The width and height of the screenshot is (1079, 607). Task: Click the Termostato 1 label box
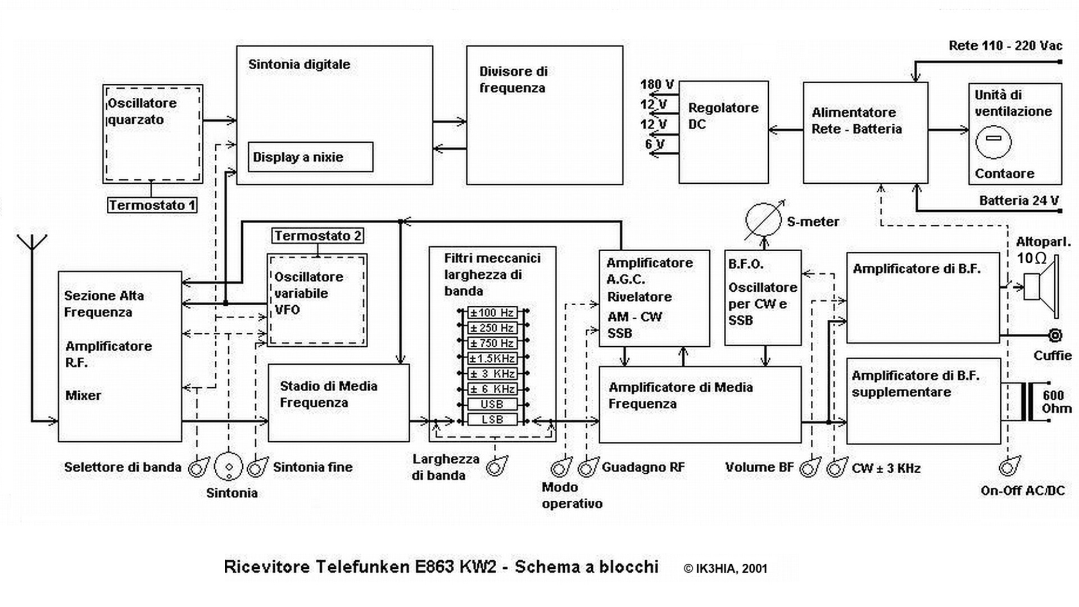tap(152, 205)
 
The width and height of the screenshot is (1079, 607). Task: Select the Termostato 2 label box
tap(318, 235)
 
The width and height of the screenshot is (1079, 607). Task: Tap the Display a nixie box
tap(310, 157)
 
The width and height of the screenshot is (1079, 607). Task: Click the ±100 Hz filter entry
tap(492, 312)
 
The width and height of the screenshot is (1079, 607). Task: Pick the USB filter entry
tap(492, 404)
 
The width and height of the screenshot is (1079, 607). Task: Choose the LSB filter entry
tap(492, 419)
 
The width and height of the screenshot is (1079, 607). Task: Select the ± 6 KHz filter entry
tap(492, 389)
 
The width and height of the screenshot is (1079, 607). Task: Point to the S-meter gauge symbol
tap(763, 220)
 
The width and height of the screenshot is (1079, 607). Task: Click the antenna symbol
tap(32, 247)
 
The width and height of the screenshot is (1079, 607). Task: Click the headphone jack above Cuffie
tap(1055, 336)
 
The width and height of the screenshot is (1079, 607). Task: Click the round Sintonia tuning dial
tap(229, 466)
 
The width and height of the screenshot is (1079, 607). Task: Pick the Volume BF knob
tap(810, 467)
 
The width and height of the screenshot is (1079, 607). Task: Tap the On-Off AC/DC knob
tap(1009, 466)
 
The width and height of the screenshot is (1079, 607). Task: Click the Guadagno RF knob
tap(588, 467)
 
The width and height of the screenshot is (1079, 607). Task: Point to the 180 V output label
tap(657, 85)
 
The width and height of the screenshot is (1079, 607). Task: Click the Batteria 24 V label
tap(1018, 201)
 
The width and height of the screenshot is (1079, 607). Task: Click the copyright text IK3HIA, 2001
tap(725, 568)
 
